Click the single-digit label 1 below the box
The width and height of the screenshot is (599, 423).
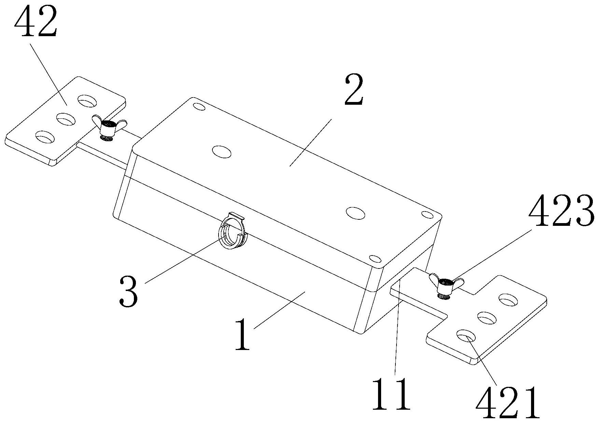pos(243,334)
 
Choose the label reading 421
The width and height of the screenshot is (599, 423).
pos(507,403)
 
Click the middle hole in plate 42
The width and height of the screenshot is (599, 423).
pos(66,119)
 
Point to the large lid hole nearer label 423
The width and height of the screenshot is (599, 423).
pos(355,212)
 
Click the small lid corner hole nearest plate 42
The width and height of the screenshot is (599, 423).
pos(199,106)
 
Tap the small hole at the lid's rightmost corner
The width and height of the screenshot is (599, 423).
pos(427,214)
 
